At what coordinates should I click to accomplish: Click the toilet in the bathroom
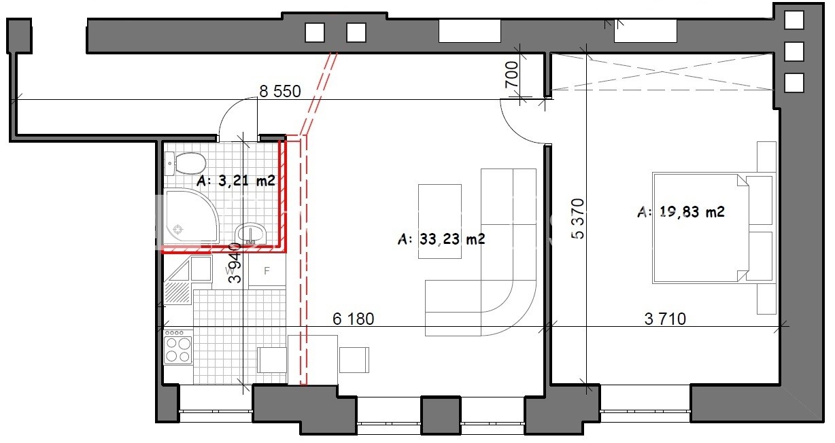click(x=185, y=163)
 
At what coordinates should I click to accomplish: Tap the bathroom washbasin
click(x=251, y=234)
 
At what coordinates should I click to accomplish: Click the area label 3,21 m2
click(x=236, y=181)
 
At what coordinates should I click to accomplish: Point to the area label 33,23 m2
click(x=442, y=239)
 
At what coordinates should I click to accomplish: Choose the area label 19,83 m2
click(x=681, y=211)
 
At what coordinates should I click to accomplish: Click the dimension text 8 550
click(x=280, y=91)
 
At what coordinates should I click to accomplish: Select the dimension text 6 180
click(x=353, y=319)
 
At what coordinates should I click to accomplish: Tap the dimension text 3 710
click(x=665, y=319)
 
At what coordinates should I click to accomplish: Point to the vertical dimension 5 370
click(x=577, y=219)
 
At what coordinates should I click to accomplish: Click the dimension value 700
click(x=511, y=75)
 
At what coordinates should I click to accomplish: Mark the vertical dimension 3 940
click(x=235, y=263)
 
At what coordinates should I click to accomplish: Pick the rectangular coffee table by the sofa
click(x=440, y=221)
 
